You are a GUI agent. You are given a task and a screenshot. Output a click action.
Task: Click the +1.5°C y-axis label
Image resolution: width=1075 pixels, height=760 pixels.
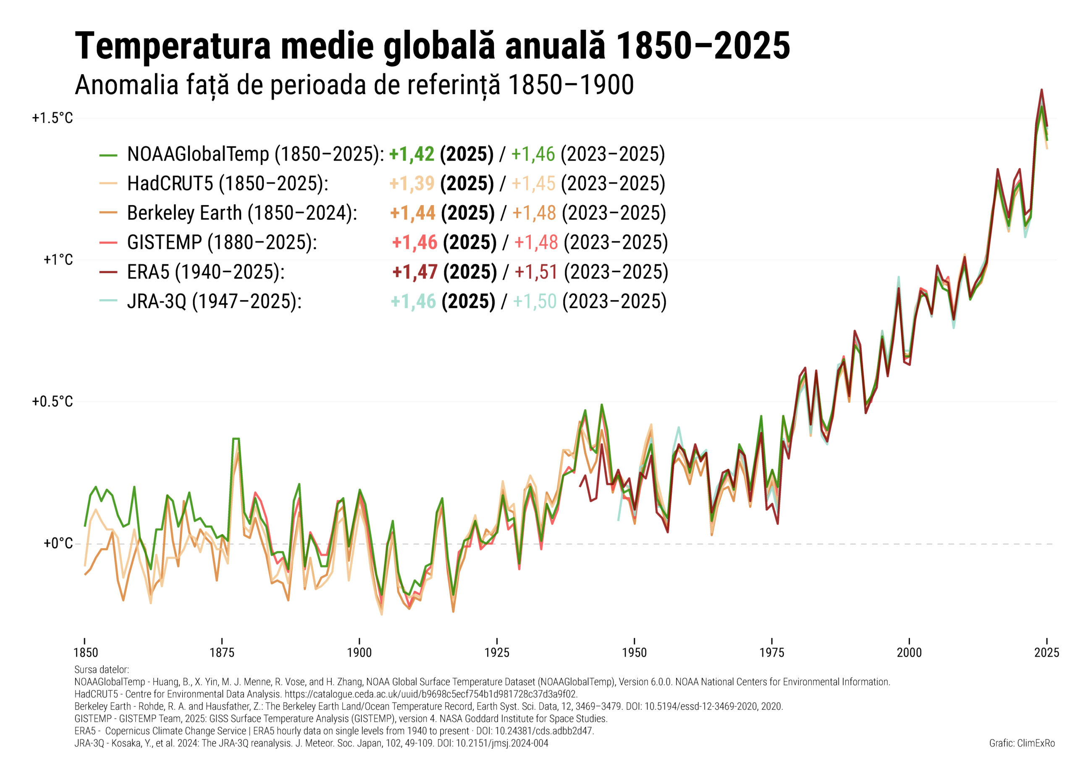click(x=52, y=118)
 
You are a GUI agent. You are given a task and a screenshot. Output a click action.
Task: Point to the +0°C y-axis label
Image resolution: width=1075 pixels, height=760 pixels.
click(x=58, y=543)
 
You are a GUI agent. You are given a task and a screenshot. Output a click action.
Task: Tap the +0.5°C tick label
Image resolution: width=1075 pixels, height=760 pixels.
click(x=52, y=402)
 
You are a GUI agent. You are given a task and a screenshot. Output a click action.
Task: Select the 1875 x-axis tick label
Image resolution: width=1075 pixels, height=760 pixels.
click(x=222, y=653)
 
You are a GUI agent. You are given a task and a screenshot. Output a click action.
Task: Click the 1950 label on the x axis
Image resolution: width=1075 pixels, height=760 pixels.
click(x=634, y=653)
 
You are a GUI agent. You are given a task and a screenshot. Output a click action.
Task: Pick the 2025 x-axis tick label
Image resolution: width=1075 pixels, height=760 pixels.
click(x=1046, y=653)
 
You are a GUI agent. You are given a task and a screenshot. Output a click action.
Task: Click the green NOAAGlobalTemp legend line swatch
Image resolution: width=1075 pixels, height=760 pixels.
click(x=108, y=155)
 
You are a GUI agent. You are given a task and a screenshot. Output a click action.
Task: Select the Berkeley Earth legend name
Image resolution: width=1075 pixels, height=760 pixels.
click(x=184, y=213)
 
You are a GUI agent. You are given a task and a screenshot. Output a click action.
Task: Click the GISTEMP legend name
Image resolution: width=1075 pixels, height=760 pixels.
click(x=164, y=243)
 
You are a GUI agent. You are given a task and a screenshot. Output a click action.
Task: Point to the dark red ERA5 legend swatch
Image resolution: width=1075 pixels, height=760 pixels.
click(x=108, y=272)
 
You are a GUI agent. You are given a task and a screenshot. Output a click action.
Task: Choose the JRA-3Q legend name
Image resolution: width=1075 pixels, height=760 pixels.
click(x=157, y=301)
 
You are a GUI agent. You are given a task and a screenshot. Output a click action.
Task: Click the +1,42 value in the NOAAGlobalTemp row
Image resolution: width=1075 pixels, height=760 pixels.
click(x=412, y=154)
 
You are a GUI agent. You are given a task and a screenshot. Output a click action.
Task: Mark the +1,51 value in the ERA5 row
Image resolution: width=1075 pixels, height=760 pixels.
click(x=536, y=272)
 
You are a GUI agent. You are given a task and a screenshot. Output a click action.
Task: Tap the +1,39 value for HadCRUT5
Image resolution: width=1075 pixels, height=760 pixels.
click(x=412, y=183)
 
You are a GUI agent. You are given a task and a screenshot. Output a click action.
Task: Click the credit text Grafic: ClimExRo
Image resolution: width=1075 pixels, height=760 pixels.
click(x=1022, y=743)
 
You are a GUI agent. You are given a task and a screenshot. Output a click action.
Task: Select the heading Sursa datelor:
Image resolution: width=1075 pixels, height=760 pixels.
click(x=102, y=670)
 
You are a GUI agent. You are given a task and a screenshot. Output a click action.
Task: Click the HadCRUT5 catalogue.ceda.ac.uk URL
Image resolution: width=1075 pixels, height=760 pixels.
click(x=431, y=694)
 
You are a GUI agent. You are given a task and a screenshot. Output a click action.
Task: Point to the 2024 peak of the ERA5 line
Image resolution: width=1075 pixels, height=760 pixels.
click(x=1041, y=90)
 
